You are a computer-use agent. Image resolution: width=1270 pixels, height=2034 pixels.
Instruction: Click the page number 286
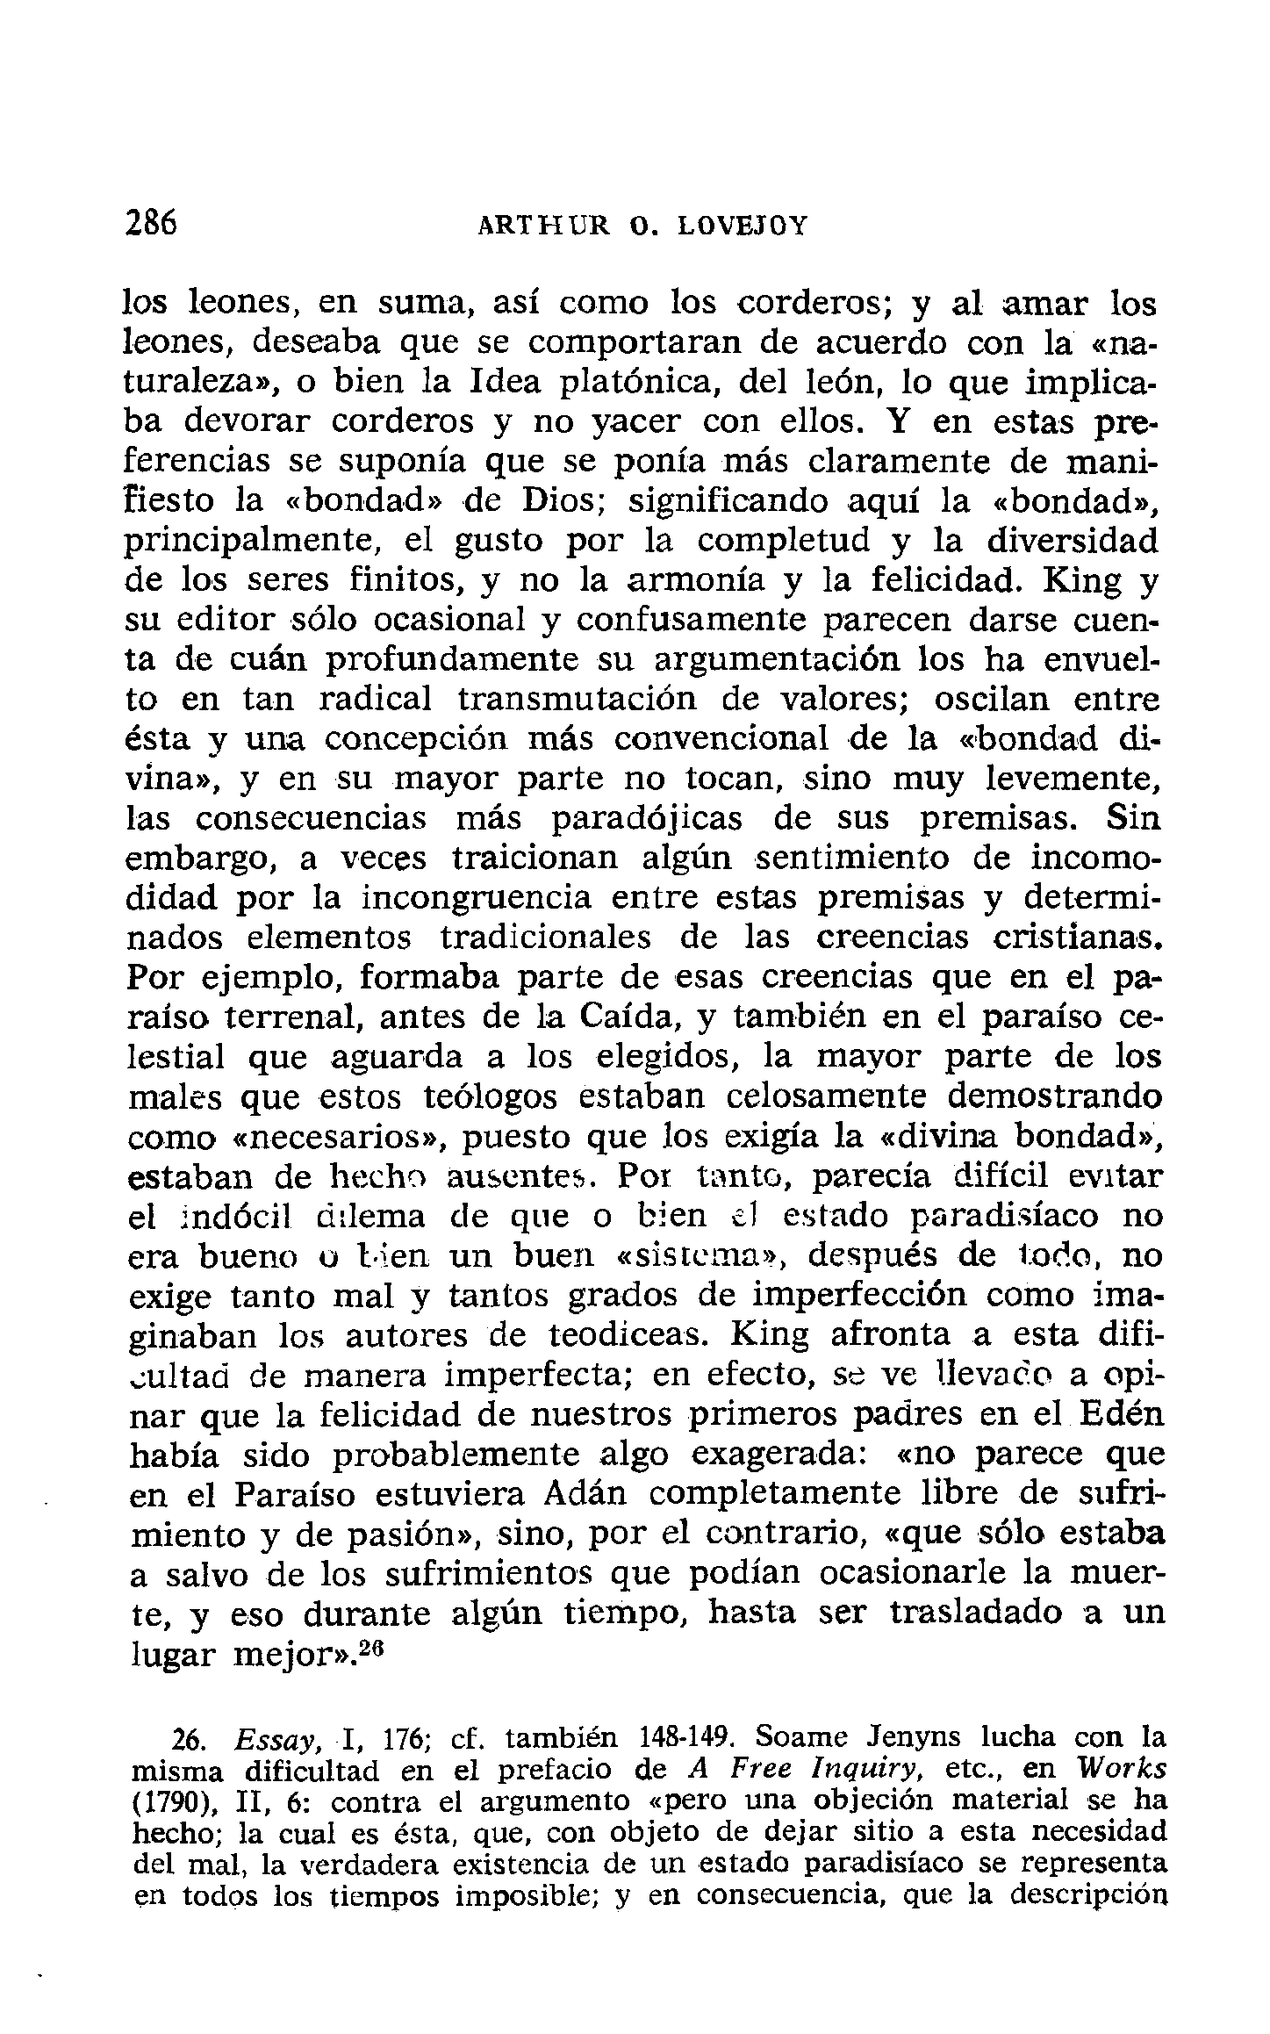point(150,223)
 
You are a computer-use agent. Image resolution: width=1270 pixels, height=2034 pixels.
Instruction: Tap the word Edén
point(1116,1414)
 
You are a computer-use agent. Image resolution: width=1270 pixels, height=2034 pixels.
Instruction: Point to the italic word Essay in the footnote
point(271,1739)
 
